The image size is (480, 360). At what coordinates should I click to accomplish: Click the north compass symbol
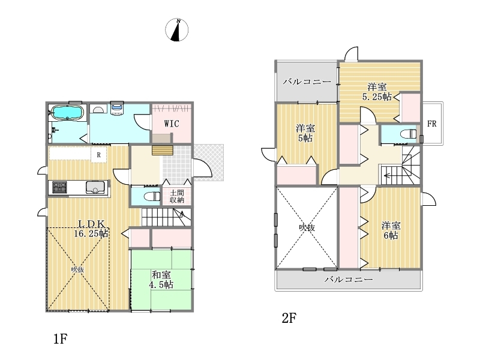[178, 30]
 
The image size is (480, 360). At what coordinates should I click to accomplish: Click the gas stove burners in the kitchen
[61, 188]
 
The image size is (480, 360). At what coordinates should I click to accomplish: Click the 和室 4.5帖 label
[161, 280]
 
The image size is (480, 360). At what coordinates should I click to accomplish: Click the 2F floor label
[289, 319]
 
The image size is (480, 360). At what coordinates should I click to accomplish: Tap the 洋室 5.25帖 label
[377, 91]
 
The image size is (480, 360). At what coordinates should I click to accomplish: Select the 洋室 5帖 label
[305, 133]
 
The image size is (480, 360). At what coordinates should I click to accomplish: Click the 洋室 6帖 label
[391, 230]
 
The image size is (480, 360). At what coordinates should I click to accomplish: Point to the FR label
[431, 124]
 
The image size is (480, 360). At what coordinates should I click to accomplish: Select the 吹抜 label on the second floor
[306, 227]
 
